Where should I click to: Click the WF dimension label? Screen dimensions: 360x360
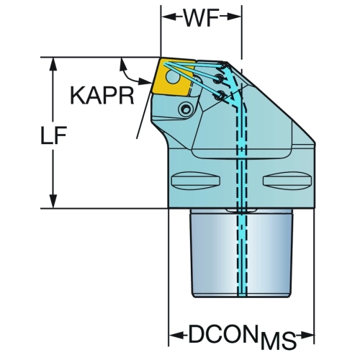point(201,17)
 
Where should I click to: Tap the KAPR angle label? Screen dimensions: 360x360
point(102,96)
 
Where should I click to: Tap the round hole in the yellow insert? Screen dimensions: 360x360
point(173,78)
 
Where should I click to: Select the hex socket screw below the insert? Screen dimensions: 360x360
point(186,109)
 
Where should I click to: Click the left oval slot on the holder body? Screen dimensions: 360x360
point(196,180)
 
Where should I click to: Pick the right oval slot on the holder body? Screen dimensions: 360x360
point(287,180)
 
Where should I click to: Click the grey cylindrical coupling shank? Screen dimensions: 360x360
point(241,253)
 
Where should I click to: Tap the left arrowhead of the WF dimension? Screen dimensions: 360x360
point(168,17)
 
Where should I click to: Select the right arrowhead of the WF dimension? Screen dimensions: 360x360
point(233,17)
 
